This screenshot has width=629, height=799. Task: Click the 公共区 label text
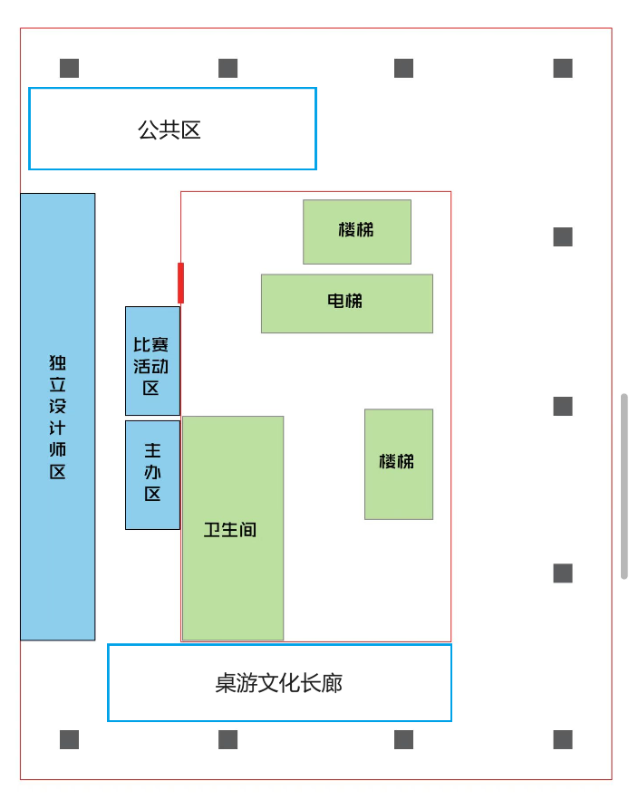169,130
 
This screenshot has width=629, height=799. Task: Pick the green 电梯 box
346,303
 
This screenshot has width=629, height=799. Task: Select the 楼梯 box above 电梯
357,231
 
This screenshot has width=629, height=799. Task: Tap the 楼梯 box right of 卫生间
398,464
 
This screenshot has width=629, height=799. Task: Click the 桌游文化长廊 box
279,683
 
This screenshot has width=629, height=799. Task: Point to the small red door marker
181,283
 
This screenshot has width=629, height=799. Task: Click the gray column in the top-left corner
70,68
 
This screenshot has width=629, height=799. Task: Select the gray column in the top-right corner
563,68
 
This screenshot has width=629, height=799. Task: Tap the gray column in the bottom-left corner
70,739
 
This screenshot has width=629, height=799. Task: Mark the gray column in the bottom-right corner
563,739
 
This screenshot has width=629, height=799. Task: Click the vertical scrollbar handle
624,486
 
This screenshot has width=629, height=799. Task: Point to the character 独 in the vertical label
58,363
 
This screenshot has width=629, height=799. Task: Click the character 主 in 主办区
152,450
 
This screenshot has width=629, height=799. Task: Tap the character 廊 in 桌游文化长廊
333,683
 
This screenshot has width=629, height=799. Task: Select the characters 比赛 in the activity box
151,345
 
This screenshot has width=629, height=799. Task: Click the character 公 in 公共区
148,130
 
